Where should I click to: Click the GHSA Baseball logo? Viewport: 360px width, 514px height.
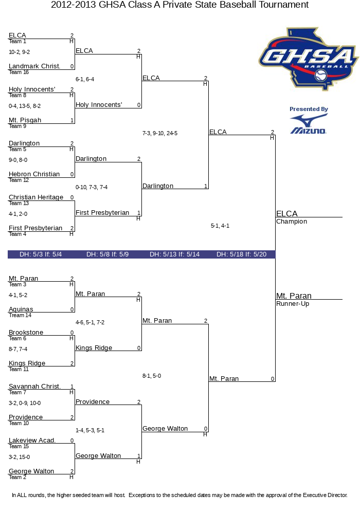click(x=308, y=59)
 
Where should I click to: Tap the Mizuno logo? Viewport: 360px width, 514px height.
click(x=309, y=124)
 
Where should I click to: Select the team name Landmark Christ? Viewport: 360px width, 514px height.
click(x=34, y=66)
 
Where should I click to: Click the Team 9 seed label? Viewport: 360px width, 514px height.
click(x=17, y=126)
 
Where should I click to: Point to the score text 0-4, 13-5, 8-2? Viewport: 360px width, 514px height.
click(x=25, y=106)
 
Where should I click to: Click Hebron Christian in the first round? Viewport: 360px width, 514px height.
click(x=34, y=174)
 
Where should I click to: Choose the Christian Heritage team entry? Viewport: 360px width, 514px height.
click(x=36, y=197)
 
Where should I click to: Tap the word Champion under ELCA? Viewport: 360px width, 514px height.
click(x=292, y=222)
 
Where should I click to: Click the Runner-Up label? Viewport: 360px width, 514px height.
click(x=293, y=304)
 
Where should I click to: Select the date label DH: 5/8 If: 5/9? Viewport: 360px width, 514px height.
click(x=107, y=254)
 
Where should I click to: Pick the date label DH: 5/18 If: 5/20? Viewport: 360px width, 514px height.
click(x=241, y=254)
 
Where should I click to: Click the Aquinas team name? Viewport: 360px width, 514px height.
click(x=21, y=309)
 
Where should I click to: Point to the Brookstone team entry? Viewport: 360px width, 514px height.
click(x=26, y=333)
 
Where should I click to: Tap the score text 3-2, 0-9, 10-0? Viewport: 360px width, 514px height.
click(x=25, y=403)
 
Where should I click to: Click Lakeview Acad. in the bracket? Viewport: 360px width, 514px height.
click(x=32, y=440)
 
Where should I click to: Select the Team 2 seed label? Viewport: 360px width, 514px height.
click(x=17, y=478)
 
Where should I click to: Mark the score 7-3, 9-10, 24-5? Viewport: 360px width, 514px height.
click(x=160, y=134)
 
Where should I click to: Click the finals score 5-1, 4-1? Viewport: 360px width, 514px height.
click(x=220, y=226)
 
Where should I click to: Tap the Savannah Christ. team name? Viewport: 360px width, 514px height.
click(x=35, y=387)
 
